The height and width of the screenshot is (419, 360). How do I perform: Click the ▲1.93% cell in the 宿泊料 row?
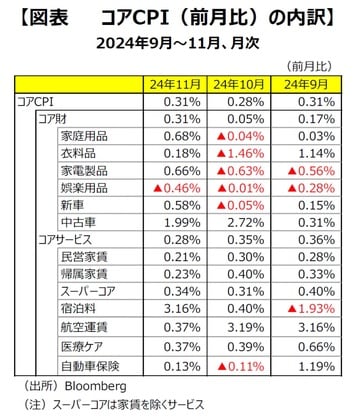tap(300, 309)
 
